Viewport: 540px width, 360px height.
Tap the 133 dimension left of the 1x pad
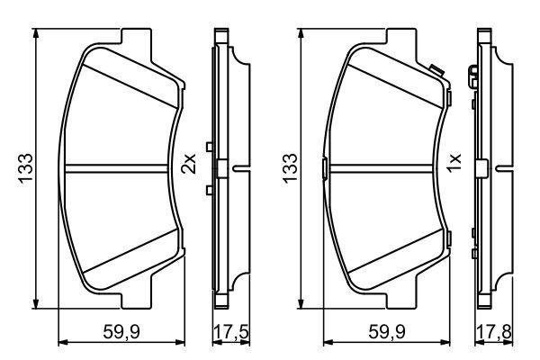tap(290, 166)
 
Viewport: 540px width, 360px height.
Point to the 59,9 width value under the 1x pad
tap(384, 330)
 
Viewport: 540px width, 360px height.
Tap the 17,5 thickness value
tap(225, 330)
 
